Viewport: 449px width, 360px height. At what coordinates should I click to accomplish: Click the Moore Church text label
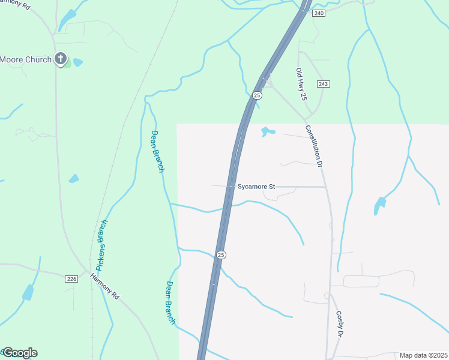[x=26, y=59]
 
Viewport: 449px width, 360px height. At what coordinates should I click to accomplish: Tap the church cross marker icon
[x=60, y=59]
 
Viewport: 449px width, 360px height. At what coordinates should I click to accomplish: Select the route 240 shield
[x=319, y=13]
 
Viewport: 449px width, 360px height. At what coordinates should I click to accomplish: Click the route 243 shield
[x=324, y=83]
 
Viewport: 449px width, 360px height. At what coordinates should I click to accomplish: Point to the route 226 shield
[x=71, y=278]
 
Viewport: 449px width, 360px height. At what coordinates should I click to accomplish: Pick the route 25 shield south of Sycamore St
[x=221, y=255]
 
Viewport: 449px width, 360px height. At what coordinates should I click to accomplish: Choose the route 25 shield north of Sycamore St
[x=257, y=95]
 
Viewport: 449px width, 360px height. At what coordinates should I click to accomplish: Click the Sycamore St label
[x=256, y=187]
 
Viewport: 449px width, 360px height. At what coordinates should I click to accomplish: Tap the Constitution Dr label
[x=313, y=146]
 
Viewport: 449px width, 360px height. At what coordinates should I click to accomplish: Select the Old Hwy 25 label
[x=301, y=83]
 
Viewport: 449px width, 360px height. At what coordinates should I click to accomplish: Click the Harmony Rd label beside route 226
[x=105, y=287]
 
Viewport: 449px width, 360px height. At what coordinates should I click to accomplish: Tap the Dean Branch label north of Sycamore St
[x=157, y=151]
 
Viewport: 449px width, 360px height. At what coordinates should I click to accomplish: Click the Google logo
[x=20, y=353]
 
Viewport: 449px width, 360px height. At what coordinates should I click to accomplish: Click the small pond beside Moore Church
[x=77, y=62]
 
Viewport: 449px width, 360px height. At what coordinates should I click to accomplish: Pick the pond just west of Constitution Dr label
[x=267, y=131]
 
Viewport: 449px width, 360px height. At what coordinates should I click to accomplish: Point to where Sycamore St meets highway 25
[x=231, y=187]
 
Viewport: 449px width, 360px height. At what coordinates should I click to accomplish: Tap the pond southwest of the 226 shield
[x=28, y=293]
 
